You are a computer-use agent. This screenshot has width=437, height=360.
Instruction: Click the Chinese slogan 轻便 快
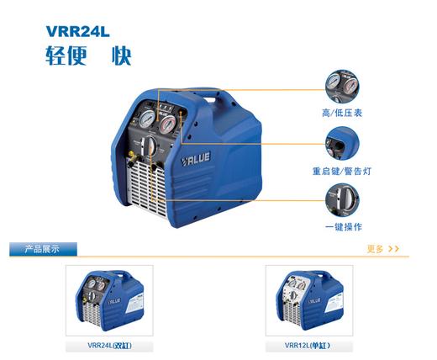coord(87,56)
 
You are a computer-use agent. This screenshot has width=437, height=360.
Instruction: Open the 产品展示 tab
coord(43,249)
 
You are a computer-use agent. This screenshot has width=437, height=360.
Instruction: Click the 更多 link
coord(375,249)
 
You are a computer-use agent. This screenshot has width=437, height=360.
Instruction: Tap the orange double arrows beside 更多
coord(394,249)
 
